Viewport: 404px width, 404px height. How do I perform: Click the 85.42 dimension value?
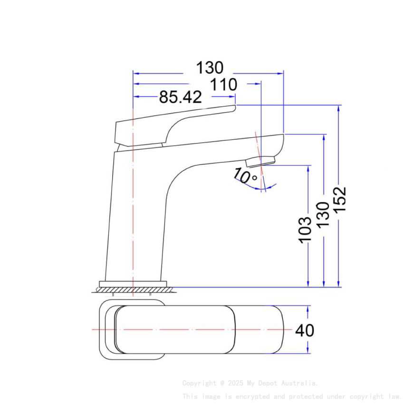tap(180, 97)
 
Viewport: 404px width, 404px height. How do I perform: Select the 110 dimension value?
tap(224, 85)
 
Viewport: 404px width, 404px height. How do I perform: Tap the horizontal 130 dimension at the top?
tap(210, 68)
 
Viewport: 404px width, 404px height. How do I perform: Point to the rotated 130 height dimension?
tap(323, 214)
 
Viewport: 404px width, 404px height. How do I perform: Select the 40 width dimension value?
tap(305, 330)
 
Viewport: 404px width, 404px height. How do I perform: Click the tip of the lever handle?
tap(234, 108)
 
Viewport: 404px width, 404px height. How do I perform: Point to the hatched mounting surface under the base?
tap(133, 289)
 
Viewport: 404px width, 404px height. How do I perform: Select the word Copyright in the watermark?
tap(199, 383)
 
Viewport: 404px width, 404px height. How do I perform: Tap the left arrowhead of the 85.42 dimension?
tap(135, 97)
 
